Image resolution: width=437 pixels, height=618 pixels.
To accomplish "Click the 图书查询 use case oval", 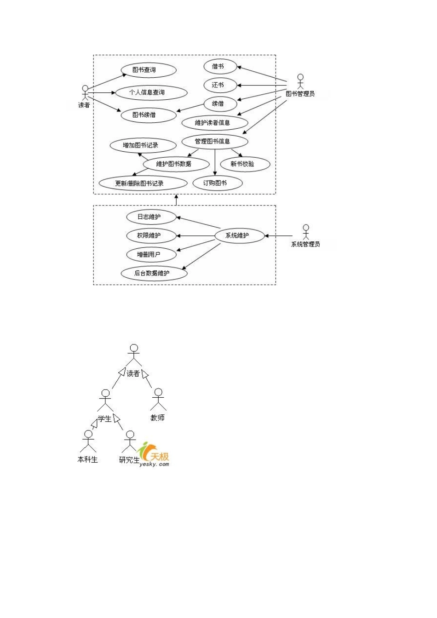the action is click(149, 70).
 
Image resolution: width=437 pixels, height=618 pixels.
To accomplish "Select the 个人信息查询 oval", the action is click(151, 92).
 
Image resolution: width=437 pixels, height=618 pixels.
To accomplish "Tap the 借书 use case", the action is click(220, 67).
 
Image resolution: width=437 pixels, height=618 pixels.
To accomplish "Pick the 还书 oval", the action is click(220, 85).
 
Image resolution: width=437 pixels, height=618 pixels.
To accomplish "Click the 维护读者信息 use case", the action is click(215, 123).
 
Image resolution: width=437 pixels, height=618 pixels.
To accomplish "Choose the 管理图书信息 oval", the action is click(215, 142).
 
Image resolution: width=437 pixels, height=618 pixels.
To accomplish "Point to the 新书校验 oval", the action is click(245, 164).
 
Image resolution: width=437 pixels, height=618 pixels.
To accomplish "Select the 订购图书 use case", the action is click(218, 183).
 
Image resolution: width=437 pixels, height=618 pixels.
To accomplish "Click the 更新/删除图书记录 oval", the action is click(143, 183).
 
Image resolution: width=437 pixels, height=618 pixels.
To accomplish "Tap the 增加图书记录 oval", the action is click(143, 145).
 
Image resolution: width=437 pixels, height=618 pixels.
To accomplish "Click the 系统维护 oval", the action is click(240, 235).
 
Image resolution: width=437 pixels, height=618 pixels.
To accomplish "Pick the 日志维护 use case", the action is click(151, 217).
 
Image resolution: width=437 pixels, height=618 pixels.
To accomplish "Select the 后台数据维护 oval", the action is click(154, 273).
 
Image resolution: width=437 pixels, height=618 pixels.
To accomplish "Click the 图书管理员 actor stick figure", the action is click(300, 81).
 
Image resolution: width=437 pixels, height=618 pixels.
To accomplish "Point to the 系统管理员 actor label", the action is click(305, 244).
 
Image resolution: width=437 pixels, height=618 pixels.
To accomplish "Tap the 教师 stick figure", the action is click(158, 400).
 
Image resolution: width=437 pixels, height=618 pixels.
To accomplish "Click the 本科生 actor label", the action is click(87, 459).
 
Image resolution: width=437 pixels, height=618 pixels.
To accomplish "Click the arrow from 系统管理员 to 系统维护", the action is click(278, 236).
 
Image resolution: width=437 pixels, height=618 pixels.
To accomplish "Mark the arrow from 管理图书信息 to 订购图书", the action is click(215, 162).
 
